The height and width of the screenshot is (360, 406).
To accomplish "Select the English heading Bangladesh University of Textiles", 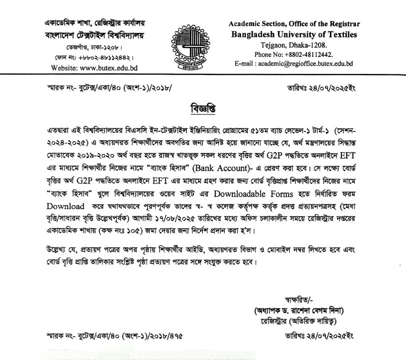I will coord(294,34).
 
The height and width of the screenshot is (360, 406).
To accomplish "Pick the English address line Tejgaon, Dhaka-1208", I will coord(294,44).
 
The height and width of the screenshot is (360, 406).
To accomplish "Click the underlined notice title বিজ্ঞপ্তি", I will coord(202,107).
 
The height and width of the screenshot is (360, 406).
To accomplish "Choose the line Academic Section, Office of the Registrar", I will coord(294,24).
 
